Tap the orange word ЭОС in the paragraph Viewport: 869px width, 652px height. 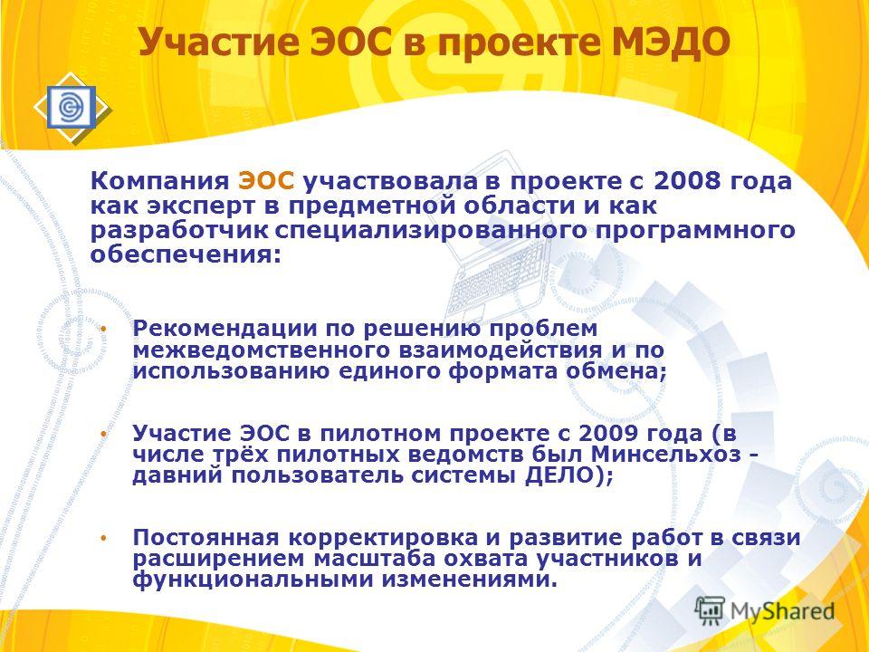(x=266, y=181)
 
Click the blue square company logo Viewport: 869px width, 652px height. (x=71, y=107)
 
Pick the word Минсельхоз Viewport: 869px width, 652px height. (x=665, y=454)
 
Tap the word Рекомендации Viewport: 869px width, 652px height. (x=224, y=328)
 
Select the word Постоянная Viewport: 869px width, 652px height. (x=205, y=537)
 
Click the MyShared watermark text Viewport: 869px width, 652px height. (x=782, y=611)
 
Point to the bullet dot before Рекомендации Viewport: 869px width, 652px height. (x=103, y=329)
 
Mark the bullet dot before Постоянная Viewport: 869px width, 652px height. (x=103, y=538)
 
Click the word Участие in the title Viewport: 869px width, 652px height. (x=218, y=43)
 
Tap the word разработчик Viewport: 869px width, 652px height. (x=179, y=230)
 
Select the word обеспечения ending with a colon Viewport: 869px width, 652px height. (x=186, y=254)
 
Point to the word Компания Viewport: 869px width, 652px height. (x=159, y=181)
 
